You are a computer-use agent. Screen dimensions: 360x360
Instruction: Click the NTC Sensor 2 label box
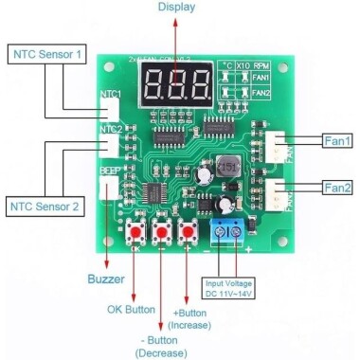[x=46, y=204]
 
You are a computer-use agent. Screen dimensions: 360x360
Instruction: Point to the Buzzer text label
[x=107, y=280]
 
